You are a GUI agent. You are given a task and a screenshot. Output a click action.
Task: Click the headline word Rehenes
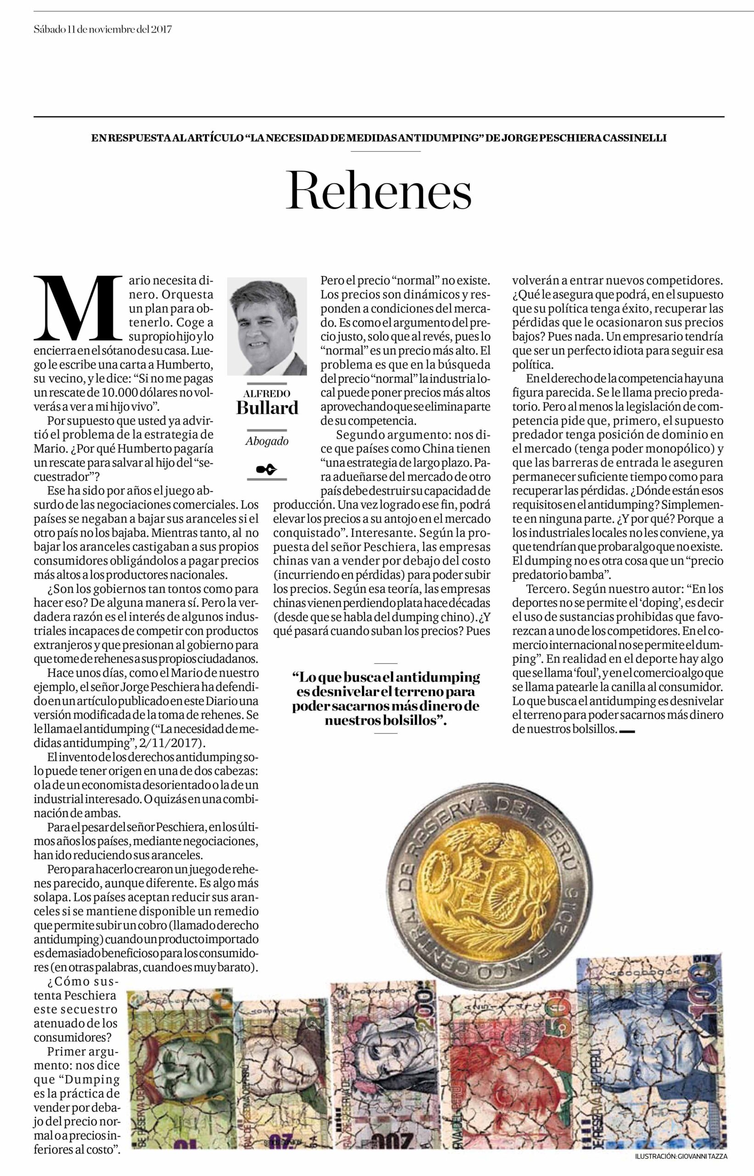[x=379, y=191]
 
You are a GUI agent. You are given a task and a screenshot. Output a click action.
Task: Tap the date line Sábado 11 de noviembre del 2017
[x=103, y=29]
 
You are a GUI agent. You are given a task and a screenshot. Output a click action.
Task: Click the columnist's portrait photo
[x=267, y=326]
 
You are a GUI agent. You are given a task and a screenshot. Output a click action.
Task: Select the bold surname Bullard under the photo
[x=267, y=407]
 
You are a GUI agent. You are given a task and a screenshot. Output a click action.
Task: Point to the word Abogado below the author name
[x=267, y=441]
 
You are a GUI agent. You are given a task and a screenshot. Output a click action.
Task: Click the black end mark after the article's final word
[x=627, y=732]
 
